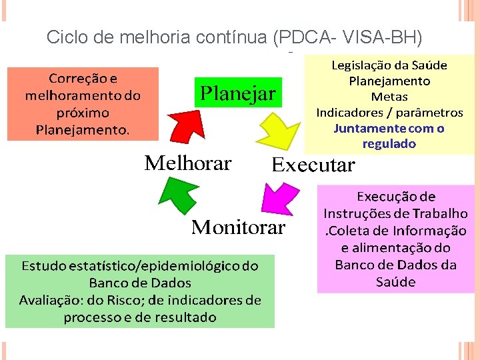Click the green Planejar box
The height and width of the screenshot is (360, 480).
click(238, 94)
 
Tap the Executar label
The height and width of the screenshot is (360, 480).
click(313, 165)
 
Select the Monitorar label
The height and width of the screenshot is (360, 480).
click(238, 228)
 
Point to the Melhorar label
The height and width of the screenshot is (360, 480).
click(188, 163)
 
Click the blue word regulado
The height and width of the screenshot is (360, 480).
click(389, 144)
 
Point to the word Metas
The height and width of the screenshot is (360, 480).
click(389, 97)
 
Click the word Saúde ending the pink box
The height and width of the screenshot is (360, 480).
click(395, 282)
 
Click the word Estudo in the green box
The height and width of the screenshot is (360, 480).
click(45, 265)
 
